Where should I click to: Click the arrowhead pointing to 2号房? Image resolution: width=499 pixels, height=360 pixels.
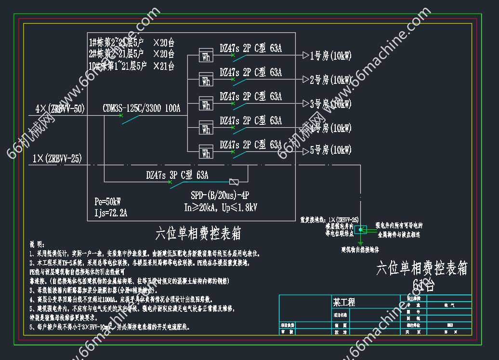coord(305,80)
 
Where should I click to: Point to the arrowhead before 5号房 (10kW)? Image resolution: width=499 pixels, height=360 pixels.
coord(305,151)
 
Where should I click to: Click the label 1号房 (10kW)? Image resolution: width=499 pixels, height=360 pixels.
coord(331,56)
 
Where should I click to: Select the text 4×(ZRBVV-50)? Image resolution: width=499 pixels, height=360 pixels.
coord(60,109)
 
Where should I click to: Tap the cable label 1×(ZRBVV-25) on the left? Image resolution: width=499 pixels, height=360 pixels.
coord(57,158)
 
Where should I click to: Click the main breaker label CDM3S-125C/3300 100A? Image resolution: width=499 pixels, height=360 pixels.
coord(142,108)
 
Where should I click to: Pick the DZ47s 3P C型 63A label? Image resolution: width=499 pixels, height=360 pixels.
coord(177,175)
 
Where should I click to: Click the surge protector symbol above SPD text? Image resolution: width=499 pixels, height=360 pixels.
coord(234,182)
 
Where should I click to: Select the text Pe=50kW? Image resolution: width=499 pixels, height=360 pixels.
coord(108,201)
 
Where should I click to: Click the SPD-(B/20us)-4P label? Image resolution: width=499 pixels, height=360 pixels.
coord(220,196)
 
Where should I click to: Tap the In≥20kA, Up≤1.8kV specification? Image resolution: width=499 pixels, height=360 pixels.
coord(221,208)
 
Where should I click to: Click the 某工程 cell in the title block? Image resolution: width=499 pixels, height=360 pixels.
coord(344,302)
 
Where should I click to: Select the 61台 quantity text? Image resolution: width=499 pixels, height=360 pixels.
coord(424,285)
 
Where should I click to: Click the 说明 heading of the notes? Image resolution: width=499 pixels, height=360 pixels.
coord(37,244)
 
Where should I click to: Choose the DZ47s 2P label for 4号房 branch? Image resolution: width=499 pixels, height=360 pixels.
coord(250,120)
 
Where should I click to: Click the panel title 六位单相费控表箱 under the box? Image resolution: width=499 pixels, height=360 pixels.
coord(198,234)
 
